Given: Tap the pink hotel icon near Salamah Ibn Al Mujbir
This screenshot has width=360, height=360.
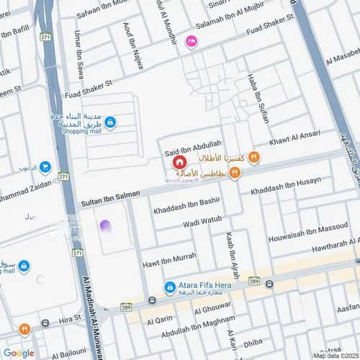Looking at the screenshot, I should tap(191, 42).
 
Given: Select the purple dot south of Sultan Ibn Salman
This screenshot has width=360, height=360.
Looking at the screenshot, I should tap(106, 226).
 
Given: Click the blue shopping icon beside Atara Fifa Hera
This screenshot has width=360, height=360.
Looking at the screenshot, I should tap(170, 287).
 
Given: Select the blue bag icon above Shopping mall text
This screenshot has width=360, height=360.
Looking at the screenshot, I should tap(109, 122).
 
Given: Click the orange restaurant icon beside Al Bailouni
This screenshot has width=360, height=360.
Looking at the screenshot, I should tap(24, 328).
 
